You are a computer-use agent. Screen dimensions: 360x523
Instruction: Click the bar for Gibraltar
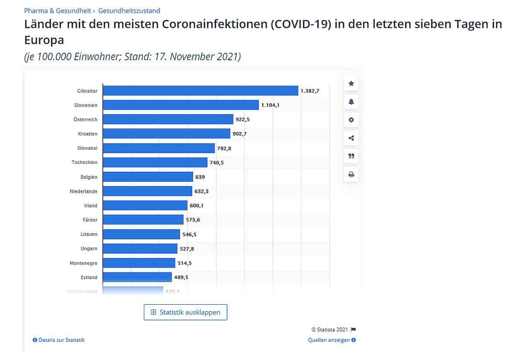[x=200, y=91]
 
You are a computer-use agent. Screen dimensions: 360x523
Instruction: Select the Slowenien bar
[x=181, y=105]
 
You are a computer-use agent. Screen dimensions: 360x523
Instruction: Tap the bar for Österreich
[x=168, y=119]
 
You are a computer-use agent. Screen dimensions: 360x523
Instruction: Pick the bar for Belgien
[x=148, y=177]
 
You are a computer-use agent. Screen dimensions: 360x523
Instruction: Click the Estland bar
[x=137, y=277]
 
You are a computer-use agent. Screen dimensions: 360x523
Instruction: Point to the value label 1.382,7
[x=310, y=91]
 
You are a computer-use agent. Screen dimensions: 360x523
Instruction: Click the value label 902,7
[x=240, y=134]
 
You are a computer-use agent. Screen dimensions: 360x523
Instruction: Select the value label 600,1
[x=197, y=206]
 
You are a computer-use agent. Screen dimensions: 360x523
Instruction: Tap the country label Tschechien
[x=85, y=163]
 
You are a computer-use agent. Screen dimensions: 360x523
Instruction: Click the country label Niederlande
[x=84, y=191]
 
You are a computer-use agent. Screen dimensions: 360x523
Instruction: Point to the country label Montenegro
[x=84, y=263]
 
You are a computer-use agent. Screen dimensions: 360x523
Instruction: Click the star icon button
[x=351, y=84]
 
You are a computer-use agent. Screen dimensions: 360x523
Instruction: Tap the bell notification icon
[x=351, y=102]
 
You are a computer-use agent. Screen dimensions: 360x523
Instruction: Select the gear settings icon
[x=351, y=120]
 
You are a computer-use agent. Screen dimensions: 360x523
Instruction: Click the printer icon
[x=351, y=175]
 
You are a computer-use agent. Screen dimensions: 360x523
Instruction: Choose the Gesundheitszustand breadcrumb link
[x=129, y=10]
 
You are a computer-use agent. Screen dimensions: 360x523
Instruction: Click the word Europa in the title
[x=44, y=40]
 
